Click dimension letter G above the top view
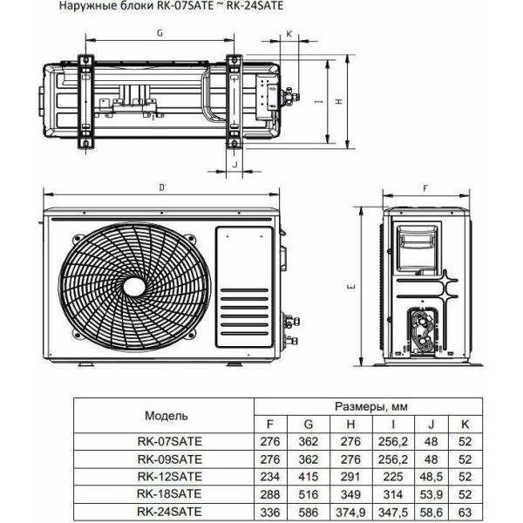(x=160, y=33)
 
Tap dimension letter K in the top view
(x=289, y=34)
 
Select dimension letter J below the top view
(x=234, y=164)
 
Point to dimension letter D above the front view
(x=162, y=187)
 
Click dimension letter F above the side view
(x=425, y=188)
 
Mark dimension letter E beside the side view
(x=352, y=286)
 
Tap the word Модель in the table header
(x=166, y=416)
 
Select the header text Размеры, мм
(x=371, y=406)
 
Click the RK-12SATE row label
(x=170, y=476)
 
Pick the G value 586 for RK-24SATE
(x=309, y=512)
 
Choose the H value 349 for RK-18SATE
(x=350, y=494)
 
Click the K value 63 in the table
(x=465, y=512)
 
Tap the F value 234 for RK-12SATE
(x=270, y=476)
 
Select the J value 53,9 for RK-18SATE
(x=431, y=494)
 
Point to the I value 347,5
(x=393, y=512)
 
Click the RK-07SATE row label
(x=170, y=441)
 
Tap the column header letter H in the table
(x=350, y=425)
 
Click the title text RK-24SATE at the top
(x=255, y=6)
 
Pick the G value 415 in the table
(x=309, y=476)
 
